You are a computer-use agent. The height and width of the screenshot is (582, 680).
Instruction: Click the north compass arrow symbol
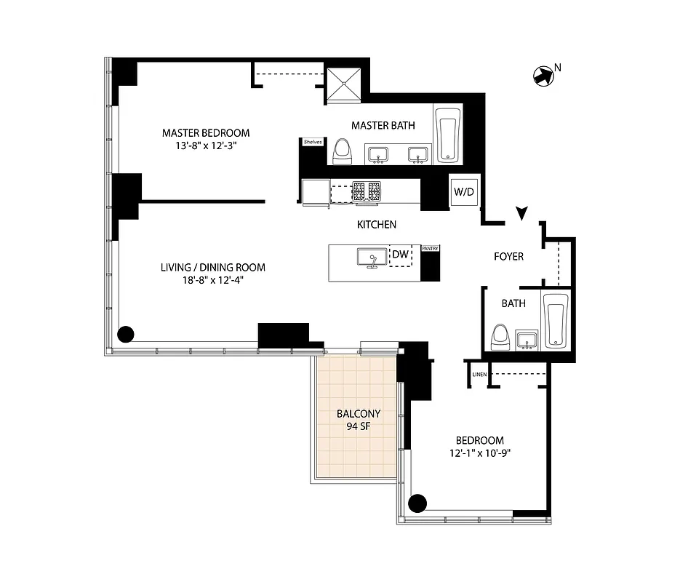[x=543, y=76]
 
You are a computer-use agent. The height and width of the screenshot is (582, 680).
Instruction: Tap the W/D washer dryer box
[x=463, y=192]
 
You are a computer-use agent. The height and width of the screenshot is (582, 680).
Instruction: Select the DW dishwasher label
[x=400, y=255]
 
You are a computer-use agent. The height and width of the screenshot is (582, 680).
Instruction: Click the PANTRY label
[x=430, y=249]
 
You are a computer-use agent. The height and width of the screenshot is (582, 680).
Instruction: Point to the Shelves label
[x=313, y=142]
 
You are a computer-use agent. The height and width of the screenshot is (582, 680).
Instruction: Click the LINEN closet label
[x=479, y=375]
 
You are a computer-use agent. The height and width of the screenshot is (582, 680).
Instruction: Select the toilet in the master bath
[x=342, y=152]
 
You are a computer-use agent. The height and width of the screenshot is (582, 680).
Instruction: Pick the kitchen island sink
[x=372, y=259]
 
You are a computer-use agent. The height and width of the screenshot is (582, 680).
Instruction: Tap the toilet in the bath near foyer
[x=500, y=337]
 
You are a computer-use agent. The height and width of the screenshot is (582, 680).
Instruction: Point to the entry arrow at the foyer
[x=521, y=212]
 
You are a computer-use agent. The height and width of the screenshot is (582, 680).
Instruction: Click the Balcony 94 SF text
[x=359, y=420]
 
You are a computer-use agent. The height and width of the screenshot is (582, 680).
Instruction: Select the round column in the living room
[x=126, y=335]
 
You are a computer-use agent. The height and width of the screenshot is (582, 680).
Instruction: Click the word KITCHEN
[x=376, y=225]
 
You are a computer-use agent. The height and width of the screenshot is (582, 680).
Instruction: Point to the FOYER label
[x=508, y=257]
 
